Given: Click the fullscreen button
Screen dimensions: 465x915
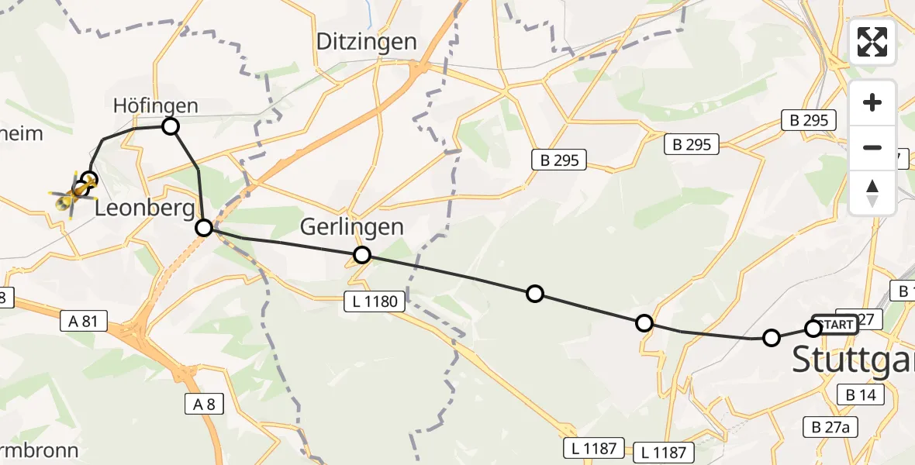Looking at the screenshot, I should (872, 42).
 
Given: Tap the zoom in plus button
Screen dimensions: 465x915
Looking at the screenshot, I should (872, 102).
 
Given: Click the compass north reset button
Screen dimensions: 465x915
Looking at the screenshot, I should (872, 193).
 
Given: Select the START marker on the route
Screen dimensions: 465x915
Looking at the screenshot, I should (835, 324).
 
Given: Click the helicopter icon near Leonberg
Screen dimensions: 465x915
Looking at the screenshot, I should (74, 194).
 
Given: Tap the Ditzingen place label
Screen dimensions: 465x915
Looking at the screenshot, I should (367, 42).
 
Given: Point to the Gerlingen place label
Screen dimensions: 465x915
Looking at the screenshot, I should (353, 227).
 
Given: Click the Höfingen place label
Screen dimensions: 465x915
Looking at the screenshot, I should (155, 105).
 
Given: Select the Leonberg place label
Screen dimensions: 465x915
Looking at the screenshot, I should (144, 208).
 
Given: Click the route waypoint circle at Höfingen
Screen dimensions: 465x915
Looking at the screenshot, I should (170, 126).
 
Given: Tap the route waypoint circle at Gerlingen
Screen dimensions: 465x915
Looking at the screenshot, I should (361, 255).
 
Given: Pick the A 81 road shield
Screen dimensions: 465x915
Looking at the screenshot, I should (84, 321).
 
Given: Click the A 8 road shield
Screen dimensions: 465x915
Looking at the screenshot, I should (205, 403).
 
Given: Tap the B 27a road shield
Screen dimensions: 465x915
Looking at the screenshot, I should (830, 427).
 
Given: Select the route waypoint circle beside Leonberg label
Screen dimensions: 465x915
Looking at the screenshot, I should (204, 227).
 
